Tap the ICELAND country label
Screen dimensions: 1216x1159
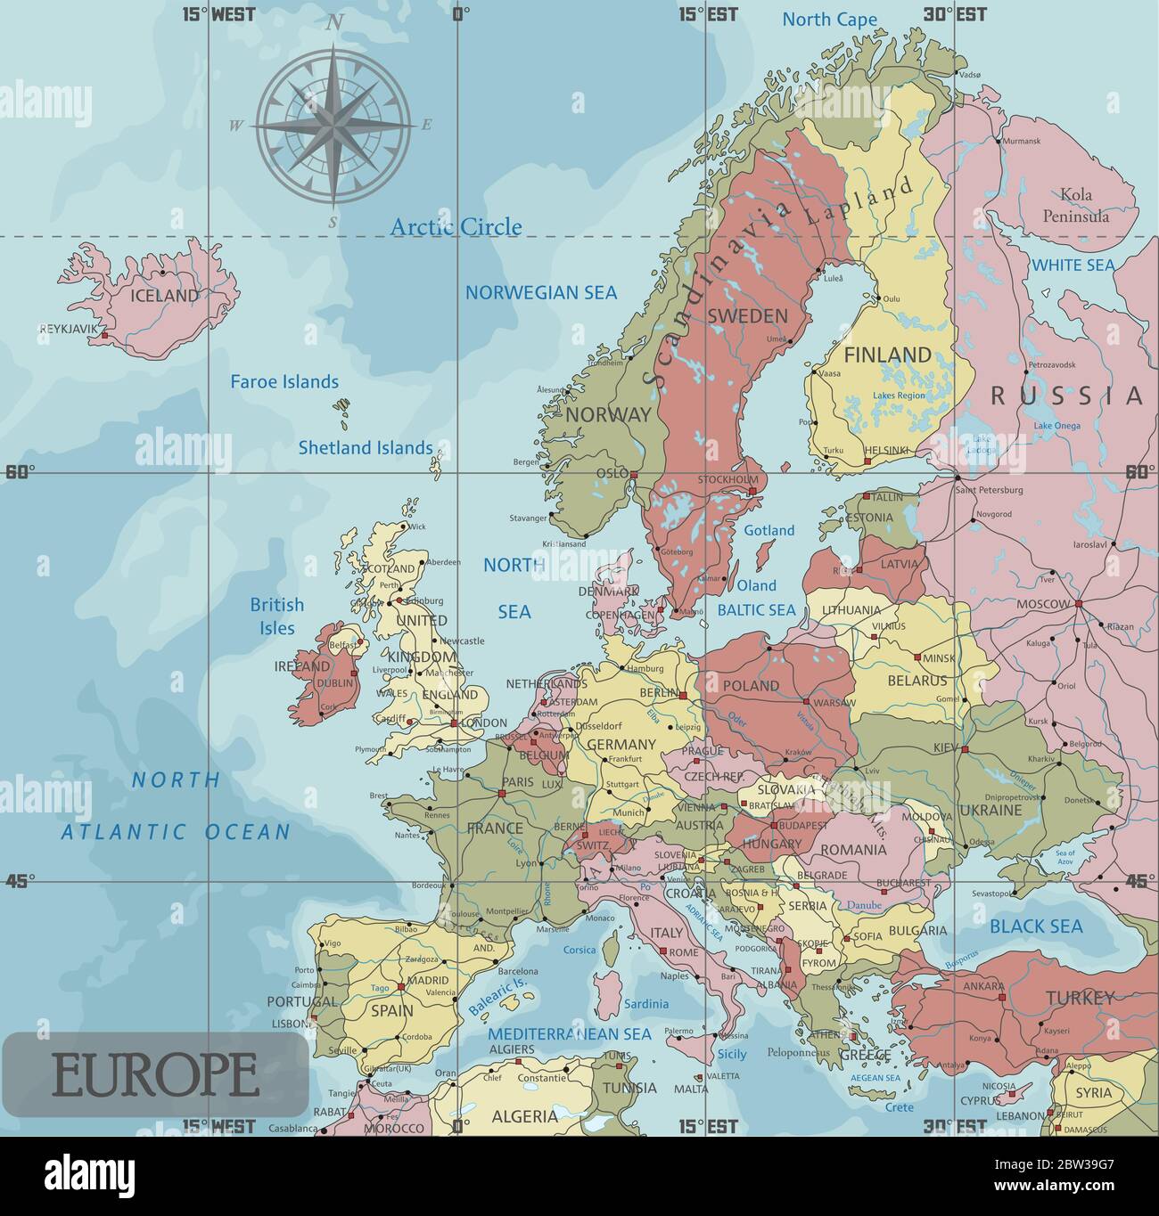pyautogui.click(x=165, y=296)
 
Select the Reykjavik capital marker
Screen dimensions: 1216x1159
pyautogui.click(x=104, y=336)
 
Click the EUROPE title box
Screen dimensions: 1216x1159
pyautogui.click(x=155, y=1074)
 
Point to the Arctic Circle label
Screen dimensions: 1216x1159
pyautogui.click(x=456, y=227)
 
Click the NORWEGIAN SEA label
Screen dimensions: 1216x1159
pyautogui.click(x=540, y=292)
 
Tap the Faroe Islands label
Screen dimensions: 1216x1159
pyautogui.click(x=284, y=382)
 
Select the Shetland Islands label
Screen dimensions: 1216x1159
pyautogui.click(x=365, y=448)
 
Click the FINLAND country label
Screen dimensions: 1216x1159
pyautogui.click(x=887, y=355)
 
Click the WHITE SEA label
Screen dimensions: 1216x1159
pyautogui.click(x=1073, y=265)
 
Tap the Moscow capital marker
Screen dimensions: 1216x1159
pyautogui.click(x=1078, y=604)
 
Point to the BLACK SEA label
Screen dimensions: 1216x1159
pyautogui.click(x=1036, y=926)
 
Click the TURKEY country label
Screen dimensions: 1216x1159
pyautogui.click(x=1080, y=998)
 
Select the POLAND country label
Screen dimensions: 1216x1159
pyautogui.click(x=750, y=686)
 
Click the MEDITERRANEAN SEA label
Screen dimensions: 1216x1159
pyautogui.click(x=569, y=1034)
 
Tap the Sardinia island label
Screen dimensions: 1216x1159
pyautogui.click(x=645, y=1004)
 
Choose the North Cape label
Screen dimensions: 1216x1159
pyautogui.click(x=829, y=20)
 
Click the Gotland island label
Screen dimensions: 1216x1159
pyautogui.click(x=769, y=531)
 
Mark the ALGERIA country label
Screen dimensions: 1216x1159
pyautogui.click(x=524, y=1116)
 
